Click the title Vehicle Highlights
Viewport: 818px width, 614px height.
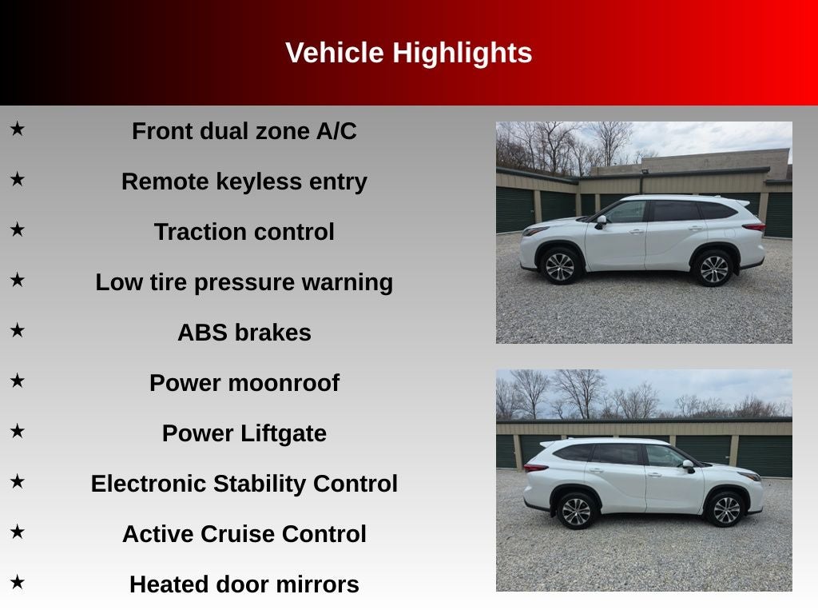408,53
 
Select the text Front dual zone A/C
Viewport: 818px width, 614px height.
244,131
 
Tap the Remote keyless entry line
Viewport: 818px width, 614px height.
244,181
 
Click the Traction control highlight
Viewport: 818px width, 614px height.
244,232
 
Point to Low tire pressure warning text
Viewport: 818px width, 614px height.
244,282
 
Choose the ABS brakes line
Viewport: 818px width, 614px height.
244,333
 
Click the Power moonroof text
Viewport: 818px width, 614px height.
244,383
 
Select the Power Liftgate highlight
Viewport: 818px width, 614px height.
244,433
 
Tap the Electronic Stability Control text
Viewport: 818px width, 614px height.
244,484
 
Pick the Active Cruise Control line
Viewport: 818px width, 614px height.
244,534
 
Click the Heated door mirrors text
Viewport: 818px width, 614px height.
244,584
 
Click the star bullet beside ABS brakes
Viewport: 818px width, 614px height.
18,330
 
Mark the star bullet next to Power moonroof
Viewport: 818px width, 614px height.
18,381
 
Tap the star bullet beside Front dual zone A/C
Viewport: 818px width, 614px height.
18,128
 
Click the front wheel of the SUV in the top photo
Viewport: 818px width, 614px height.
560,266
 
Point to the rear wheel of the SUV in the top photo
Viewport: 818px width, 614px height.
713,269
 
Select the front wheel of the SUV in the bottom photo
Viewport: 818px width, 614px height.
725,510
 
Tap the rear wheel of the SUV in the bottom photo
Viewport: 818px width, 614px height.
576,511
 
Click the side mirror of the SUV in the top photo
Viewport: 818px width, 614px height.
601,221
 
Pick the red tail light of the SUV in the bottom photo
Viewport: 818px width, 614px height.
534,468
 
